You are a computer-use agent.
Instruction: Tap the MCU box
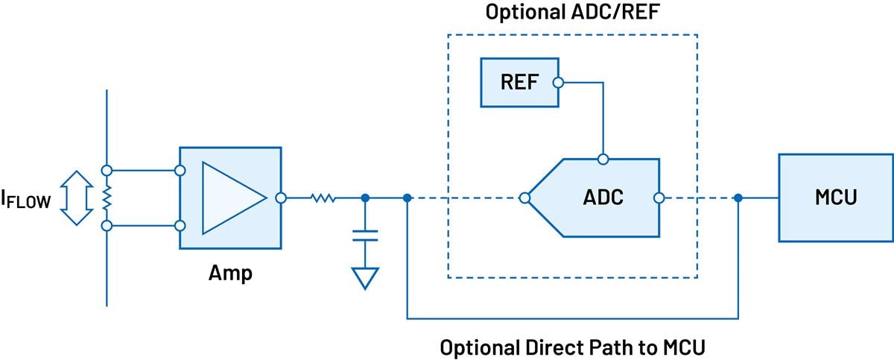[x=835, y=198]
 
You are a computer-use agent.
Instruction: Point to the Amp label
[x=229, y=273]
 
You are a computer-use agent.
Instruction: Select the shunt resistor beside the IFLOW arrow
[x=107, y=198]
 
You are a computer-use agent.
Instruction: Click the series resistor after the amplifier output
[x=323, y=198]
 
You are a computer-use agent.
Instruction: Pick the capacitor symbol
[x=365, y=236]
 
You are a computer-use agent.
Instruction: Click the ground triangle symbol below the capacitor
[x=365, y=278]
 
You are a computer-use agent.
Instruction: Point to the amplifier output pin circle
[x=281, y=198]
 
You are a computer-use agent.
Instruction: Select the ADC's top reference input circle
[x=603, y=159]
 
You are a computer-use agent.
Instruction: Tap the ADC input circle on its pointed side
[x=524, y=198]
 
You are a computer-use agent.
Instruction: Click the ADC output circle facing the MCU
[x=659, y=198]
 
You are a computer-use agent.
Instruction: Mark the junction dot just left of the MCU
[x=738, y=198]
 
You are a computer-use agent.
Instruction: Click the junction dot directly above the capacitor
[x=365, y=198]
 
